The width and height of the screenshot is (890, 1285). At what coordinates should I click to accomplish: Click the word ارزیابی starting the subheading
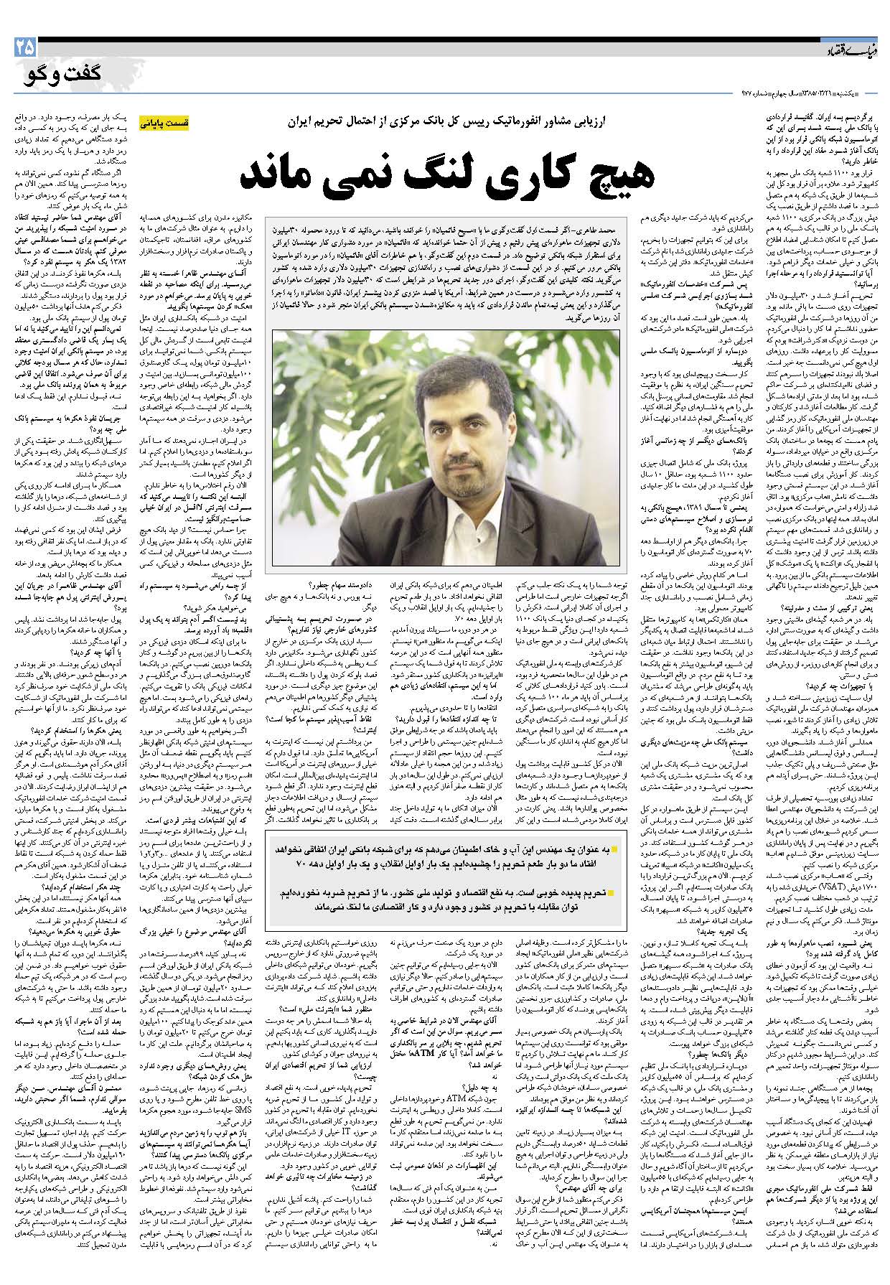click(x=593, y=123)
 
